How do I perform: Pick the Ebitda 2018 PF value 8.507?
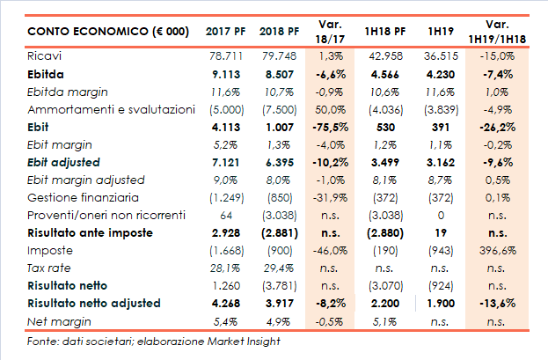[x=278, y=75]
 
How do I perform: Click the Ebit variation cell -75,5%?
[x=331, y=126]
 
